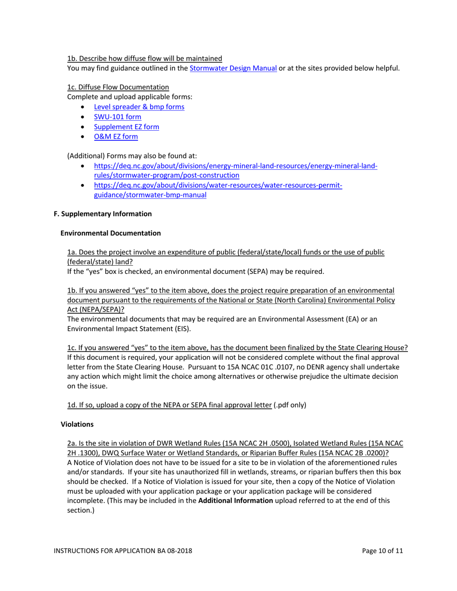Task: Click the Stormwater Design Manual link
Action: tap(233, 68)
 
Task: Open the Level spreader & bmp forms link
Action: tap(139, 107)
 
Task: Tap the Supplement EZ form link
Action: tap(127, 127)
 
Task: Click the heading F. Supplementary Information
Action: tap(102, 213)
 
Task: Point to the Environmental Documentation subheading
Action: tap(111, 233)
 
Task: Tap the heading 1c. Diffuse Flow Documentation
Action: tap(118, 87)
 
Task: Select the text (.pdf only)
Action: tap(290, 405)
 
